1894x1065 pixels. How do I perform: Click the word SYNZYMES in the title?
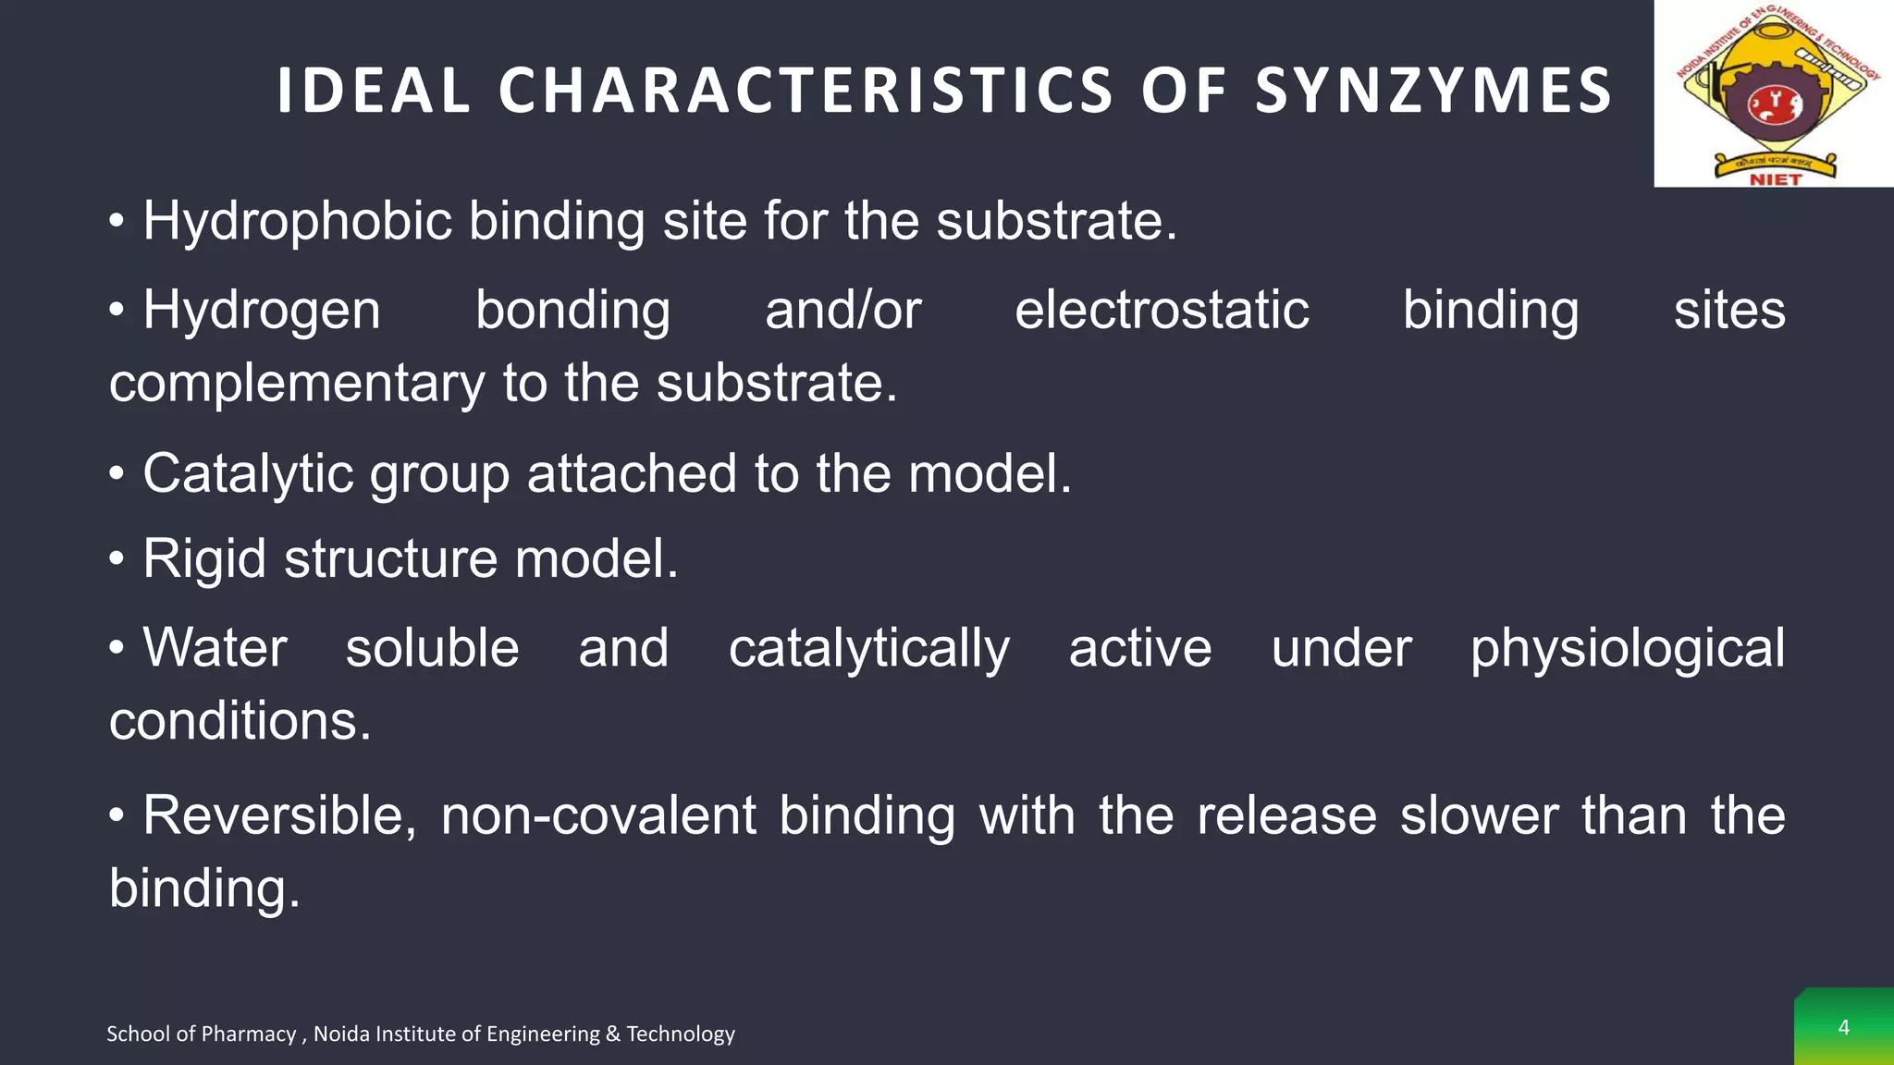(1433, 91)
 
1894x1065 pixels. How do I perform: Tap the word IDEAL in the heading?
(374, 91)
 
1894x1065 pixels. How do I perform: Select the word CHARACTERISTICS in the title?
(806, 91)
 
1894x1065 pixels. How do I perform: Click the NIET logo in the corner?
(1774, 93)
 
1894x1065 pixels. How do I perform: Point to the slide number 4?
(1843, 1027)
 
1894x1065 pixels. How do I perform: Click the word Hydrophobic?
(297, 222)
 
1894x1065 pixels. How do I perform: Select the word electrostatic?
(1162, 310)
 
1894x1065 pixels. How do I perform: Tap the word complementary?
(296, 384)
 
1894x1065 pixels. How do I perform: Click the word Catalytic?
(247, 474)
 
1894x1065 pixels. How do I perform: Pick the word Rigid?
(204, 559)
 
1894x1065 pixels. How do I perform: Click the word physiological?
(1628, 649)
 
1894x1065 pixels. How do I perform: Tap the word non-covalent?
(598, 816)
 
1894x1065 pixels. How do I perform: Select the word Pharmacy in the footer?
(249, 1034)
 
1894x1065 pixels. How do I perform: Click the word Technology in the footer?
(681, 1034)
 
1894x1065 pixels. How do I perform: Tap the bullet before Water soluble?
(117, 647)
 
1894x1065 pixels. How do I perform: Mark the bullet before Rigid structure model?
(117, 559)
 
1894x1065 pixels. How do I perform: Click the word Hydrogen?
(261, 311)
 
